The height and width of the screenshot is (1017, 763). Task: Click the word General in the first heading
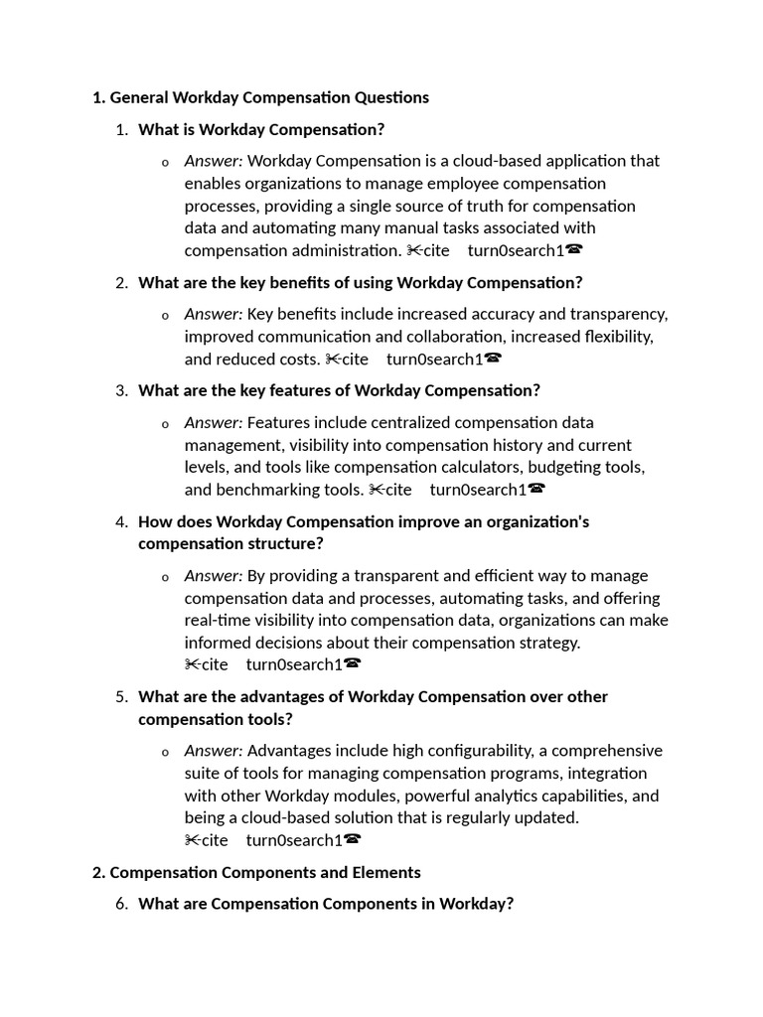click(139, 97)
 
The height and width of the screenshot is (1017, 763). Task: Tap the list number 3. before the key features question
click(121, 390)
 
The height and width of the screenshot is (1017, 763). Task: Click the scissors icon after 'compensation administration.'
click(414, 250)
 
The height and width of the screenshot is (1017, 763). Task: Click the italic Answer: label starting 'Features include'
click(213, 422)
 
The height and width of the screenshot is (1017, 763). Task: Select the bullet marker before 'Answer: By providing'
click(165, 577)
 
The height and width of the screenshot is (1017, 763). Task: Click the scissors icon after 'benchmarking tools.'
click(377, 490)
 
